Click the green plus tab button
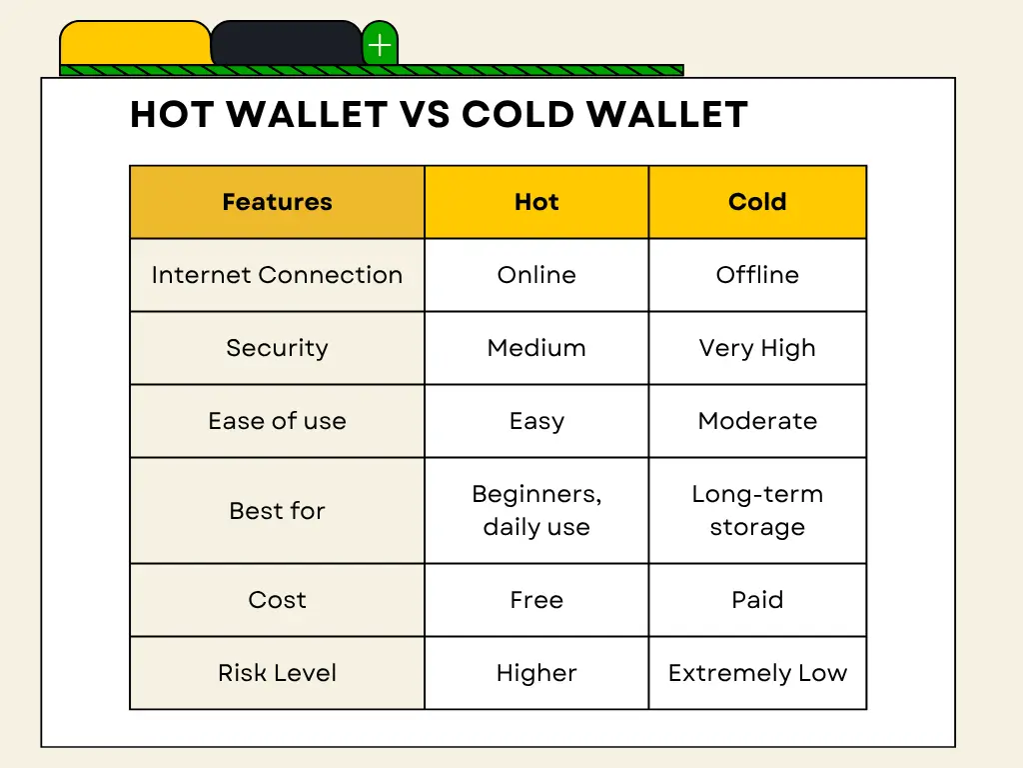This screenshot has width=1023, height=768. point(380,44)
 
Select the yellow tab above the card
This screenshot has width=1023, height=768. point(135,44)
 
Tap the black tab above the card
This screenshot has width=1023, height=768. point(287,44)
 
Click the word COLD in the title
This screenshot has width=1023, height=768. point(517,114)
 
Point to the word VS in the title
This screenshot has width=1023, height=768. point(424,114)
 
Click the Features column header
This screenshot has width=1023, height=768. point(278,202)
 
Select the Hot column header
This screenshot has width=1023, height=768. point(536,202)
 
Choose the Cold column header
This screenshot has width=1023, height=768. point(757,202)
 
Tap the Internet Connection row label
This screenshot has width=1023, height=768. point(278,275)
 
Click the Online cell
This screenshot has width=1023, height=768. point(536,275)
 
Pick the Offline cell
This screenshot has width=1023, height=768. point(757,275)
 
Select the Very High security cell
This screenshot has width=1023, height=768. point(757,348)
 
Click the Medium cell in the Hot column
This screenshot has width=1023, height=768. point(536,348)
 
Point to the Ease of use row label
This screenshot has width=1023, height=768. point(278,421)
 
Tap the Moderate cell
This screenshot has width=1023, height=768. point(757,421)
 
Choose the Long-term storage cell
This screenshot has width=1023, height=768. point(757,511)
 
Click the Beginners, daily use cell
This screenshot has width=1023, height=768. point(536,511)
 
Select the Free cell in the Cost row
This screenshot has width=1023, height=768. point(536,600)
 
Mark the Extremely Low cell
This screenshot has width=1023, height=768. point(757,673)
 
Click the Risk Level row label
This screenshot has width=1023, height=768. point(278,673)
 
